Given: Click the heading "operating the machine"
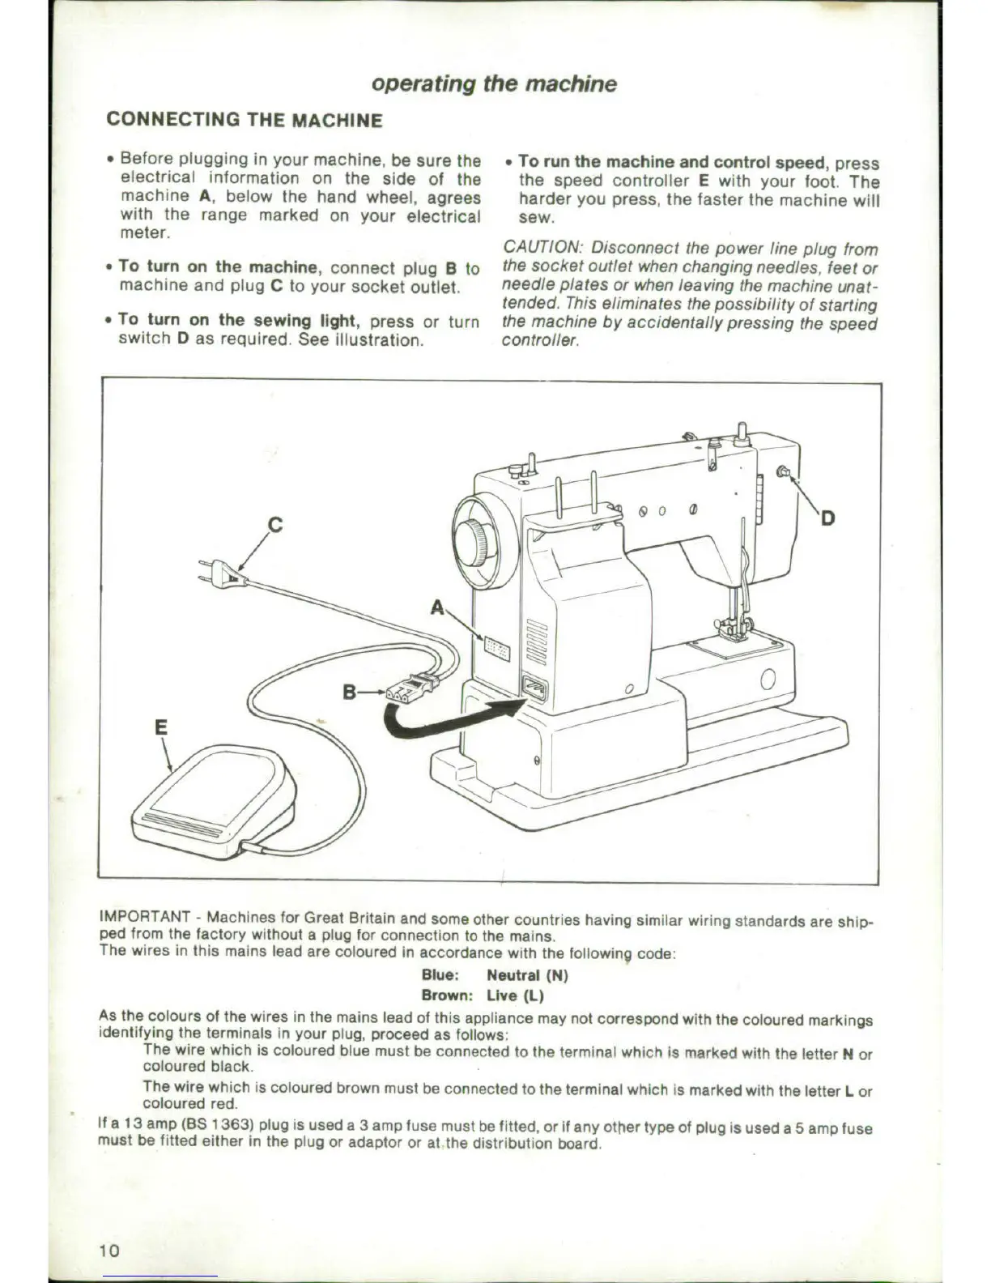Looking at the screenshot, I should pos(494,84).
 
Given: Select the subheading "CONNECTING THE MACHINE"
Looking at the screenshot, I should pos(244,121).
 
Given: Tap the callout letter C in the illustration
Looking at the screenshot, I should pos(274,525).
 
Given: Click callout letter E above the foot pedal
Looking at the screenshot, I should pos(161,727).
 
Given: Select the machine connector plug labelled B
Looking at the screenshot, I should pos(411,688).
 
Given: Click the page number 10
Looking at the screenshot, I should pos(109,1250).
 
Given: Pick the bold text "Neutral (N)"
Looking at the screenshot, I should pos(527,975).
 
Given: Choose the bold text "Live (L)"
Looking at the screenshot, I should pos(515,995).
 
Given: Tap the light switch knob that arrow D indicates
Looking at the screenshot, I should pos(782,472).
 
